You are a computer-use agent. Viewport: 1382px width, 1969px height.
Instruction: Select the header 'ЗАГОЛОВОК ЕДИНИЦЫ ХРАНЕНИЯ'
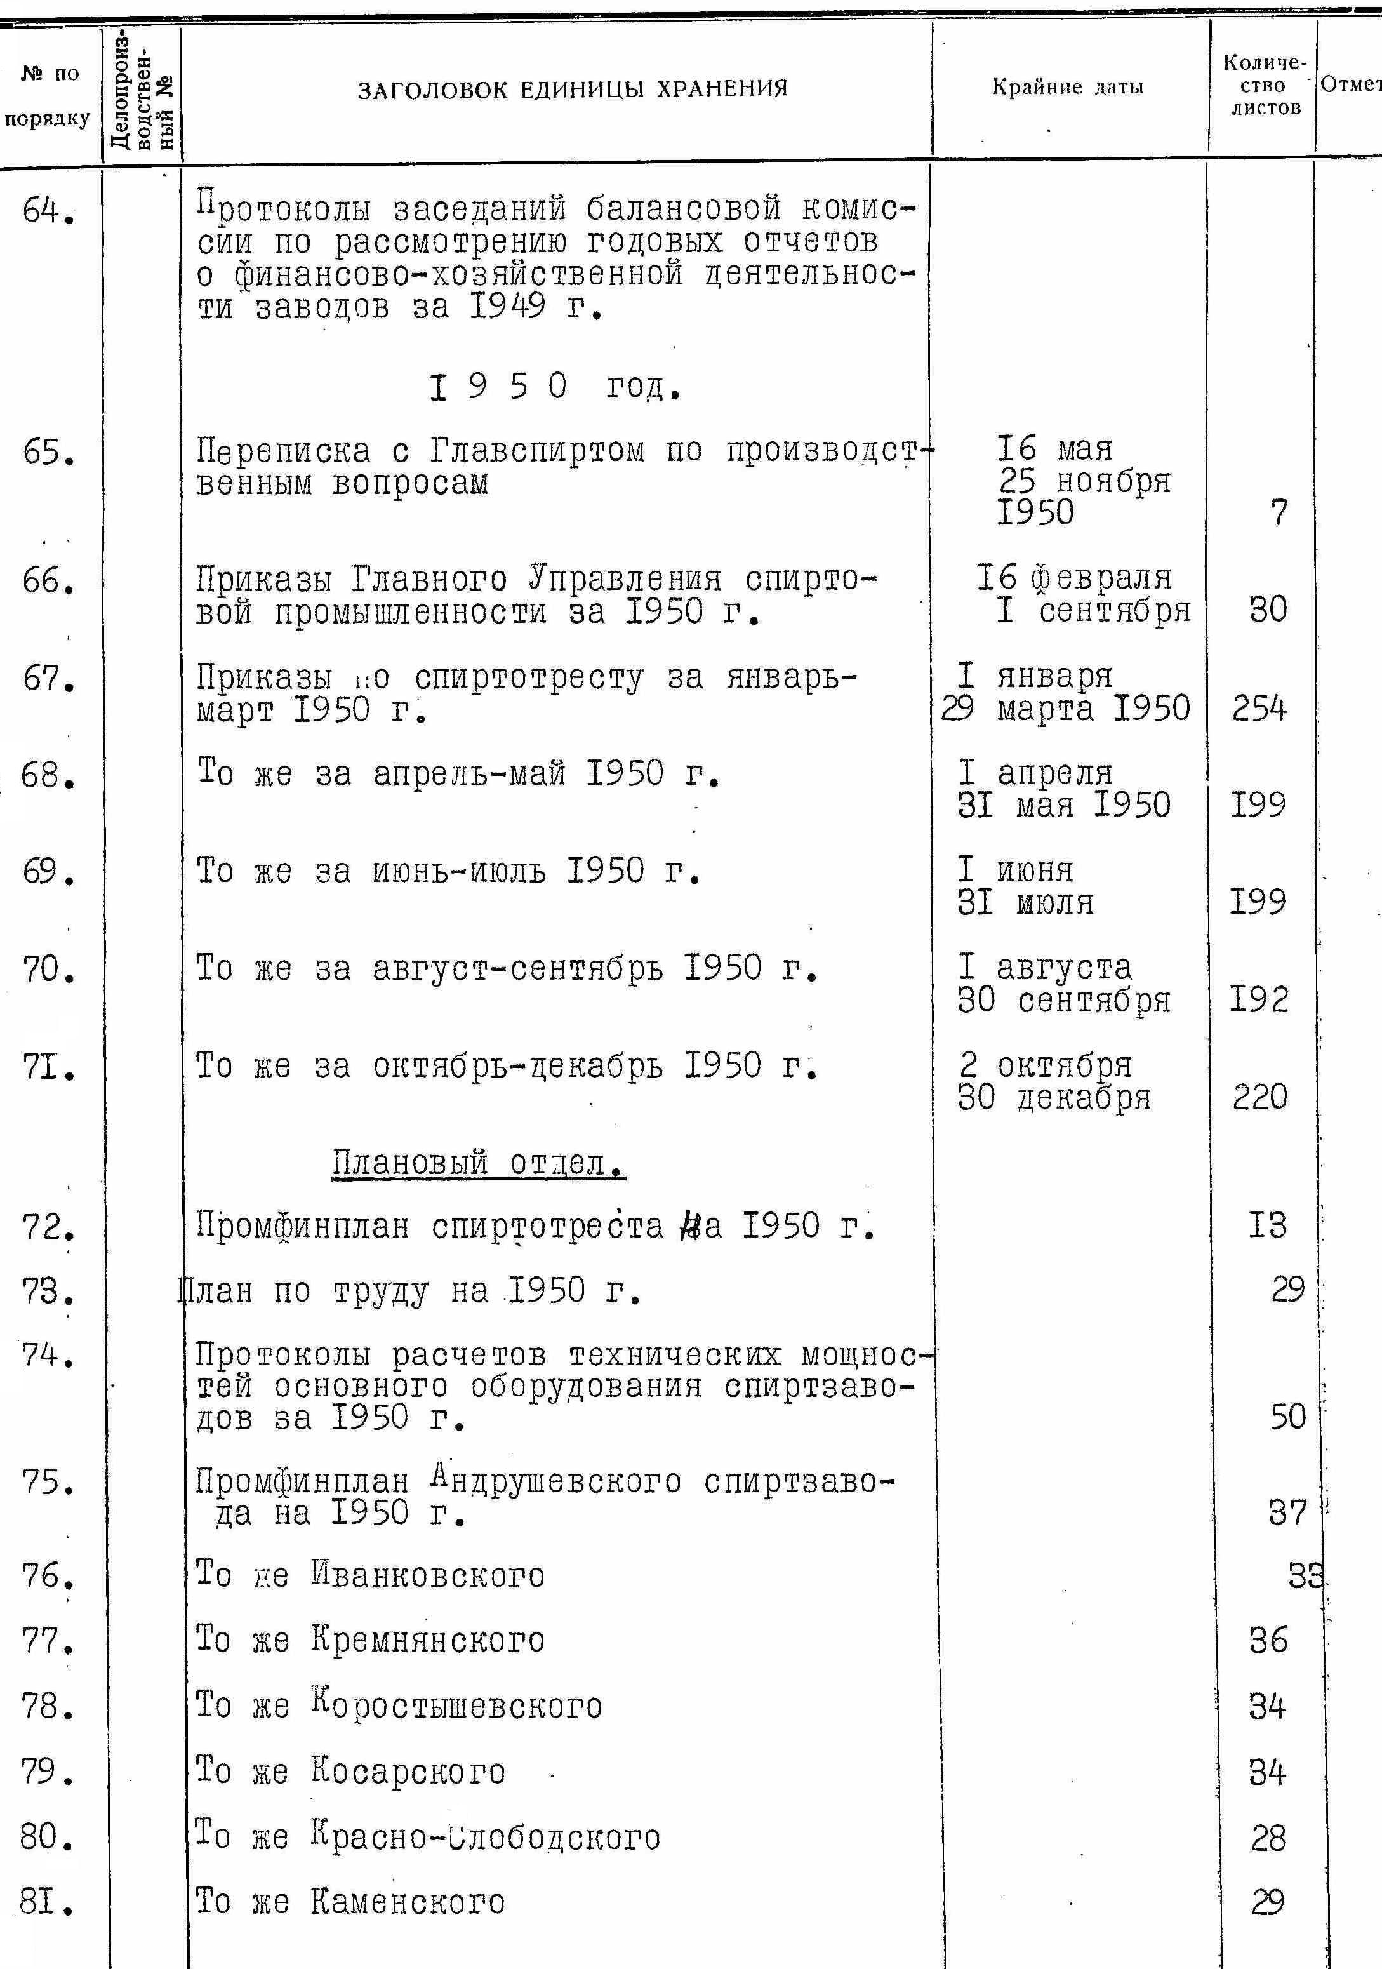pos(572,88)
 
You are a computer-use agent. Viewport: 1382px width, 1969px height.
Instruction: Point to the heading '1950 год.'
pos(555,387)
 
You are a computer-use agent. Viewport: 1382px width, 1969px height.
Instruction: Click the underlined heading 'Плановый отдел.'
pos(479,1164)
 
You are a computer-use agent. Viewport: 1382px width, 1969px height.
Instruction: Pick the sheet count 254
pos(1259,709)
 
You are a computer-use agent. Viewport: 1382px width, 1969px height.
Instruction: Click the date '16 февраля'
pos(1074,578)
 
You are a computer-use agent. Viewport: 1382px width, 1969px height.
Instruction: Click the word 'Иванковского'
pos(427,1575)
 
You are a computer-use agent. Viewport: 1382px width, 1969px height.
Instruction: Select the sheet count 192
pos(1259,999)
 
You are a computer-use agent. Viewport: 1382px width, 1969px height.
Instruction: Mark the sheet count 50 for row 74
pos(1287,1417)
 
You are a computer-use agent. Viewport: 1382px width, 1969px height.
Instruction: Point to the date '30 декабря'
pos(1054,1098)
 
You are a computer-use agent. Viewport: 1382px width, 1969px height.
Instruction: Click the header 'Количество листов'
pos(1265,86)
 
